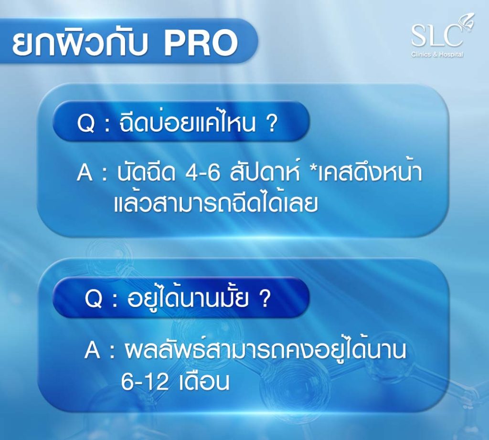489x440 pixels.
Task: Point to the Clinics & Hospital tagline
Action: point(437,54)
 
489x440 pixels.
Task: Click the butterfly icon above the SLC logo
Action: point(468,21)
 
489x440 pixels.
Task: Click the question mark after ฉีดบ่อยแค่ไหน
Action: point(271,124)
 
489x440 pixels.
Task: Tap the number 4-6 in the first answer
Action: point(202,173)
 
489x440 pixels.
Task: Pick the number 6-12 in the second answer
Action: point(145,382)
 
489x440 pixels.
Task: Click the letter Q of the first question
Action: point(85,124)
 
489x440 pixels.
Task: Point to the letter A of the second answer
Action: point(92,350)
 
